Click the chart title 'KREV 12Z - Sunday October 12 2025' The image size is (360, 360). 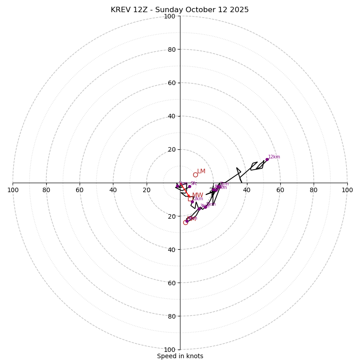180,10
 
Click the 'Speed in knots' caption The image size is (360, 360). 180,356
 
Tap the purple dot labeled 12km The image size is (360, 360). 267,159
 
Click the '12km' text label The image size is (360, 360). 274,157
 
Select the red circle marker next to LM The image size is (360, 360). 195,175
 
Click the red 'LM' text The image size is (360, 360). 201,171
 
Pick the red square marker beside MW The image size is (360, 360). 190,198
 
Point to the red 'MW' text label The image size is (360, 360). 198,195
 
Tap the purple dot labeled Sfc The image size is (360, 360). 189,186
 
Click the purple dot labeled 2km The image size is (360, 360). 192,202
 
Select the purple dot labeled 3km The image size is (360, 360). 199,208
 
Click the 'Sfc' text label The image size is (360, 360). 193,184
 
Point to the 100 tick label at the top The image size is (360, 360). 170,16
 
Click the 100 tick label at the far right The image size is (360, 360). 347,190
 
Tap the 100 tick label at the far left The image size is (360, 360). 13,190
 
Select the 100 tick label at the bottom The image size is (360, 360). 170,350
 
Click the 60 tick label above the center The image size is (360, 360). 171,83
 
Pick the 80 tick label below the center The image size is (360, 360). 171,316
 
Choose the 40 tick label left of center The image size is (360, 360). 113,190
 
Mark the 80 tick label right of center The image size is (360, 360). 314,190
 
